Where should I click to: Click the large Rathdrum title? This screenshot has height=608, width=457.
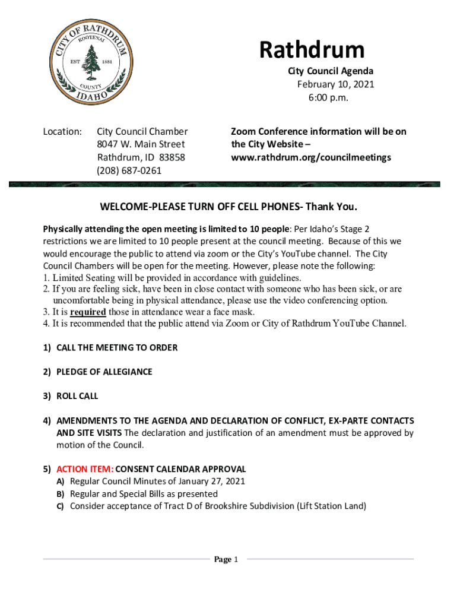[x=312, y=50]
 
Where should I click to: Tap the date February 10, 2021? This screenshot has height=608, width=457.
[x=335, y=84]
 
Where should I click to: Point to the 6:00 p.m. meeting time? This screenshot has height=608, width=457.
[x=328, y=97]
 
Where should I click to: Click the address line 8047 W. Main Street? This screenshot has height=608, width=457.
[x=141, y=144]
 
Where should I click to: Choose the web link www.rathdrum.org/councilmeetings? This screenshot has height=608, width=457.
[x=311, y=157]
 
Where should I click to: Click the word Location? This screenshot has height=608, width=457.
[x=62, y=131]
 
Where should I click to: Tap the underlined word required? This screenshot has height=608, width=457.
[x=88, y=312]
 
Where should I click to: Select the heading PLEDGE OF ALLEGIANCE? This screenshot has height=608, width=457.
[x=104, y=372]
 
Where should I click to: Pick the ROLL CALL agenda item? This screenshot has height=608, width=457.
[x=77, y=396]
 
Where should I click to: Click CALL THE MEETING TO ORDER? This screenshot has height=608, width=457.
[x=117, y=347]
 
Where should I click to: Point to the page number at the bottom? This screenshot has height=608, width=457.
[x=226, y=559]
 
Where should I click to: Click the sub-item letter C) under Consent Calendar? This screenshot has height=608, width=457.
[x=60, y=506]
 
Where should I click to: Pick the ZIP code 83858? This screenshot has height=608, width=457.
[x=172, y=158]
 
